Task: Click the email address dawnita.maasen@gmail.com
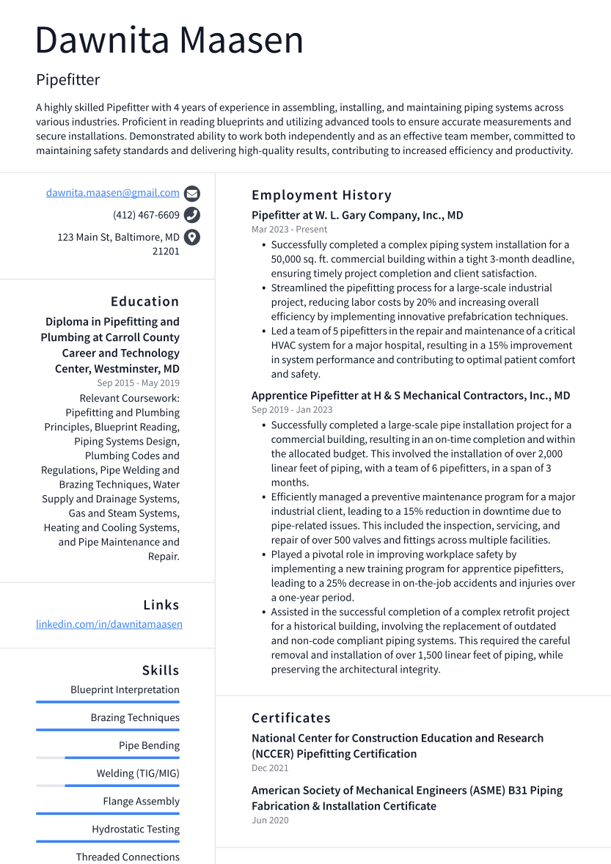point(112,193)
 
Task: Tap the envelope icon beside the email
point(192,194)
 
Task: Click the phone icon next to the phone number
point(192,215)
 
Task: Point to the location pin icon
point(192,237)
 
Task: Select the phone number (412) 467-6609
point(146,215)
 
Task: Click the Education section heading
point(144,301)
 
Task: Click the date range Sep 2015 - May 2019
point(138,383)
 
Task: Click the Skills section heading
point(160,670)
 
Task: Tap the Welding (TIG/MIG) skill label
point(138,773)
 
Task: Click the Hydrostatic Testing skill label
point(136,829)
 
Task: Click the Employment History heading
point(321,195)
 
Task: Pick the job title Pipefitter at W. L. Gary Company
point(357,216)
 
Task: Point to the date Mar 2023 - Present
point(289,229)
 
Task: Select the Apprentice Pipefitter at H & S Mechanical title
point(411,395)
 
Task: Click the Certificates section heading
point(291,718)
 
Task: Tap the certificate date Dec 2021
point(270,768)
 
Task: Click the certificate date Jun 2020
point(270,820)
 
